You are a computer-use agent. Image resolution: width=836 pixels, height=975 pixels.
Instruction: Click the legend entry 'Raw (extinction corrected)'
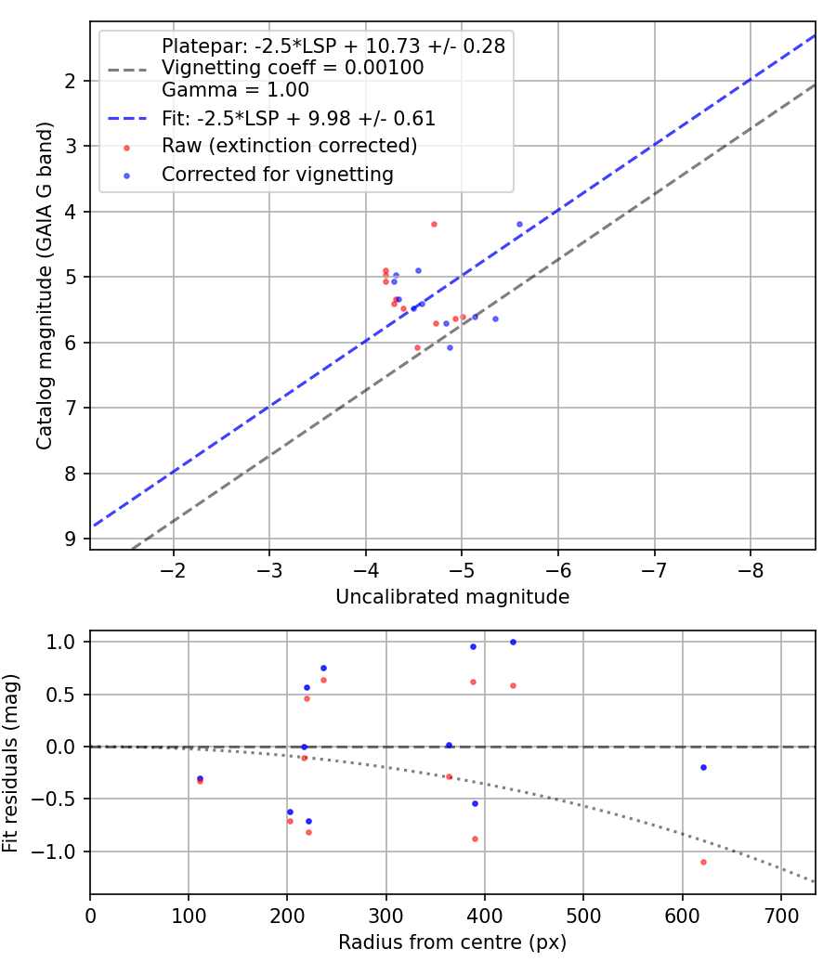click(288, 146)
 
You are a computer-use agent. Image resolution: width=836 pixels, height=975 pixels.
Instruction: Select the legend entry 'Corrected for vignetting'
click(277, 174)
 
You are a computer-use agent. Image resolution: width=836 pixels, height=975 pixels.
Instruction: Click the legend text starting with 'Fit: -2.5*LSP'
click(298, 118)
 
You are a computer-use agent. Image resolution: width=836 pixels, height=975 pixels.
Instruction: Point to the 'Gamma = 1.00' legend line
click(235, 90)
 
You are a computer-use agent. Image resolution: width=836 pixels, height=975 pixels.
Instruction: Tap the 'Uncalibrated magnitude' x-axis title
click(452, 597)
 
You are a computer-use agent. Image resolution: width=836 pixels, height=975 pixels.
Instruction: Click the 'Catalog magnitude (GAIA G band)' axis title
click(45, 285)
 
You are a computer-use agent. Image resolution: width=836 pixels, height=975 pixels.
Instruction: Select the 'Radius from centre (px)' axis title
click(452, 942)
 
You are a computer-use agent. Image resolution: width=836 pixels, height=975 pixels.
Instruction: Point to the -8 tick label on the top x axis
click(751, 569)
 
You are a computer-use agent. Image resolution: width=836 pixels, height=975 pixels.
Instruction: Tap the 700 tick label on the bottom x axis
click(780, 915)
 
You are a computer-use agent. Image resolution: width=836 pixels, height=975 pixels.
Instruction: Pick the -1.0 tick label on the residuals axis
click(58, 851)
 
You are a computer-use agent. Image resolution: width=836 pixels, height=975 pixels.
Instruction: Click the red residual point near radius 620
click(703, 862)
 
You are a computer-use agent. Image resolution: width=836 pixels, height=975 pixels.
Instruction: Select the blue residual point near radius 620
click(703, 767)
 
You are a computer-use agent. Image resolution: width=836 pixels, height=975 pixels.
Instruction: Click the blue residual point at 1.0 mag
click(513, 642)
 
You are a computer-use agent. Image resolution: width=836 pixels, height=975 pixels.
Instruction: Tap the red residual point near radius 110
click(200, 781)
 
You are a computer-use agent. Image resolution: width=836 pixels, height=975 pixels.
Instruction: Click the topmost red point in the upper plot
click(434, 224)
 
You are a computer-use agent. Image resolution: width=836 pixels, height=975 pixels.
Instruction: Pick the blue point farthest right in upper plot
click(519, 224)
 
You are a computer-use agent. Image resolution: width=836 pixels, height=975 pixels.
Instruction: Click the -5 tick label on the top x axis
click(462, 569)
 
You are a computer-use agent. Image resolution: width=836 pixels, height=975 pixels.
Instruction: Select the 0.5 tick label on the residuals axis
click(62, 694)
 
